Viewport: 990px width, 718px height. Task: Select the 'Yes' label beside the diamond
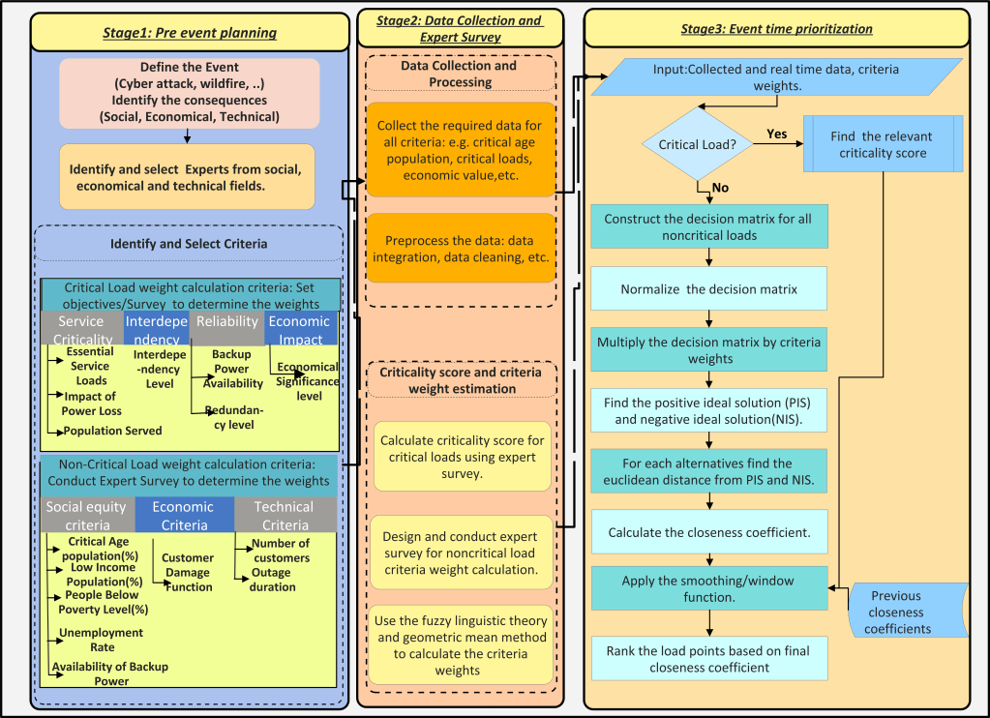tap(777, 135)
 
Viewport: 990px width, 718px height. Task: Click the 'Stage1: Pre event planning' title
tap(190, 33)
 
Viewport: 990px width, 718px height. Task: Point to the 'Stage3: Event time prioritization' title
tap(776, 29)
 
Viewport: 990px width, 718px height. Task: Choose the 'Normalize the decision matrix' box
tap(710, 288)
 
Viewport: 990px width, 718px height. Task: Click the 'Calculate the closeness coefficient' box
tap(710, 532)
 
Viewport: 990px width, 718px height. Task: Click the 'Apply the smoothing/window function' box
tap(710, 588)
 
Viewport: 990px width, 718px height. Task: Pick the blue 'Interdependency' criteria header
tap(157, 329)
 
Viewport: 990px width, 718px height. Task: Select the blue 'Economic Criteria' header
tap(184, 515)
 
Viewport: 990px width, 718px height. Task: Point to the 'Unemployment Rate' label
tap(101, 640)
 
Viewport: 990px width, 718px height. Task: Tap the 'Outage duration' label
tap(273, 580)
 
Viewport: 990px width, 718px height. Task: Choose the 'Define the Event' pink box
tap(190, 92)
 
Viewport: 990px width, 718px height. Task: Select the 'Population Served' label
tap(112, 431)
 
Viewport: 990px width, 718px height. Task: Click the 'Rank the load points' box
tap(710, 659)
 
